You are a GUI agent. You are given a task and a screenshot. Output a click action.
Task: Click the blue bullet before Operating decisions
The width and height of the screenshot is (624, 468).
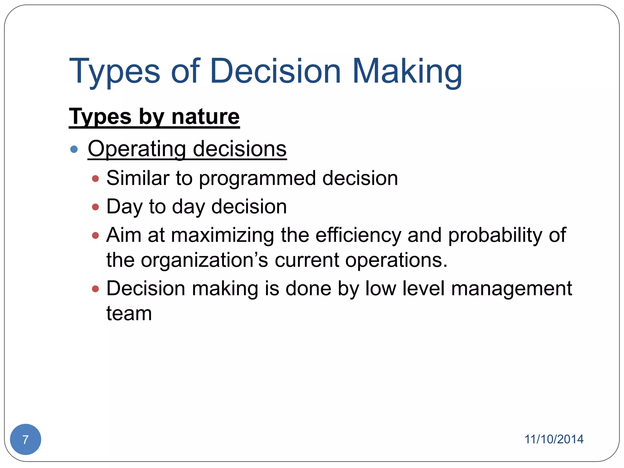74,149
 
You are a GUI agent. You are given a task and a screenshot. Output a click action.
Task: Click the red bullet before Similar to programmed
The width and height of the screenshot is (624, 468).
95,179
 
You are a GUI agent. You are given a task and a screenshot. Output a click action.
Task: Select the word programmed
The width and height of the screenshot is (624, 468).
257,178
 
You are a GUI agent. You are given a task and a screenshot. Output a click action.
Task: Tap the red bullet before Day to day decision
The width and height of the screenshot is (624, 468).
95,207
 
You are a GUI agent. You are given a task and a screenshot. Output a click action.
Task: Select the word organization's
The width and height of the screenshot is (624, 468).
204,261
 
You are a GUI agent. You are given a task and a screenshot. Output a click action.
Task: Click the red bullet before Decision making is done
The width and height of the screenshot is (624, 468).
95,289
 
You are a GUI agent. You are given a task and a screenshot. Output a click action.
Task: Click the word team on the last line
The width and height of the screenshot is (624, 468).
129,314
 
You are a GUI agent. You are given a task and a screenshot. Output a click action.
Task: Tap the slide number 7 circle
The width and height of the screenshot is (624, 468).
26,439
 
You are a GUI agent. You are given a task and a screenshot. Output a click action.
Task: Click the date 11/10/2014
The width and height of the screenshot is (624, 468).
554,439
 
